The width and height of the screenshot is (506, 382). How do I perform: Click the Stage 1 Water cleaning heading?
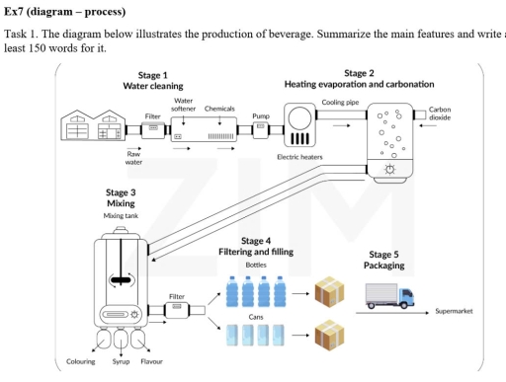tap(151, 81)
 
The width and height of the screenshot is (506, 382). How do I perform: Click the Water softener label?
tap(183, 104)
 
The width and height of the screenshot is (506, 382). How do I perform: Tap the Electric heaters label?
tap(300, 157)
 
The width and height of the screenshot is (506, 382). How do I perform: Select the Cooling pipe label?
tap(339, 101)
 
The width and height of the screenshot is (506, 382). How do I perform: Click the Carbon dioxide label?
tap(440, 113)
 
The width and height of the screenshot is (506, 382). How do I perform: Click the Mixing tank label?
tap(120, 215)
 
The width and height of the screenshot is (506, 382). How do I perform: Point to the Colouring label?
tap(80, 362)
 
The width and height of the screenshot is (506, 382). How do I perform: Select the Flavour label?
tap(151, 362)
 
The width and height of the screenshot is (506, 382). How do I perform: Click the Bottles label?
tap(256, 265)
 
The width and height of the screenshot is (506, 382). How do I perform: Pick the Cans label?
tap(255, 317)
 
